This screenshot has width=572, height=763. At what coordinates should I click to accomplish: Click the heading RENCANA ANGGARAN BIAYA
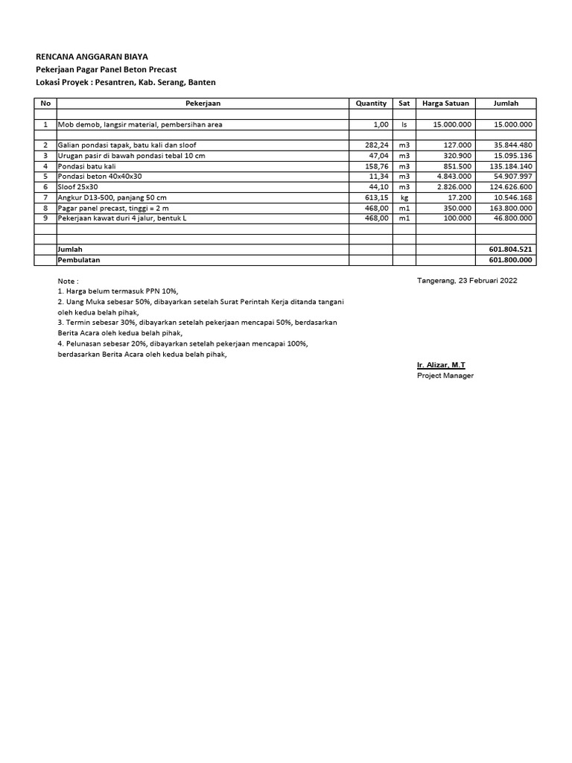click(x=92, y=56)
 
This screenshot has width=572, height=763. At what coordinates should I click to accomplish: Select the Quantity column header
click(x=371, y=104)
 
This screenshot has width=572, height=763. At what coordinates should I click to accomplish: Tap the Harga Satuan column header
click(x=445, y=104)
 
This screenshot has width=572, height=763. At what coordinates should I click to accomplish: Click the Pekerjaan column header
click(x=203, y=104)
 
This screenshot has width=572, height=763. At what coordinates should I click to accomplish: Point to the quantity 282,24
click(x=376, y=145)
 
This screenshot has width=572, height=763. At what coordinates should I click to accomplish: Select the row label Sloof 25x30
click(x=78, y=186)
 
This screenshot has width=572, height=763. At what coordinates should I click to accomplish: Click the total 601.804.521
click(x=510, y=249)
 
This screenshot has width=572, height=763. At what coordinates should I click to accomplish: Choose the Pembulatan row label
click(x=79, y=259)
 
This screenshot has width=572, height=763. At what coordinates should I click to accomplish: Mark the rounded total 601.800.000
click(x=510, y=259)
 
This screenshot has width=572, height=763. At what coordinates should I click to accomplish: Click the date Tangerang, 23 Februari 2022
click(x=467, y=280)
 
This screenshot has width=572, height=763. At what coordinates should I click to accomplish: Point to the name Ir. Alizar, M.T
click(x=441, y=365)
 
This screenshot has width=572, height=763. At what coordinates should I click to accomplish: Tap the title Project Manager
click(x=445, y=376)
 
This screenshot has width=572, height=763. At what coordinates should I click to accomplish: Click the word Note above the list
click(x=68, y=280)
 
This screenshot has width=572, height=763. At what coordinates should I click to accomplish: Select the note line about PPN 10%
click(x=118, y=291)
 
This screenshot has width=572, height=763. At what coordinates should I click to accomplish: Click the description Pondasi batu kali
click(x=86, y=165)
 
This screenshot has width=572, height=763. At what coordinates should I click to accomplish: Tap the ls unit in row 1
click(x=404, y=124)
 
